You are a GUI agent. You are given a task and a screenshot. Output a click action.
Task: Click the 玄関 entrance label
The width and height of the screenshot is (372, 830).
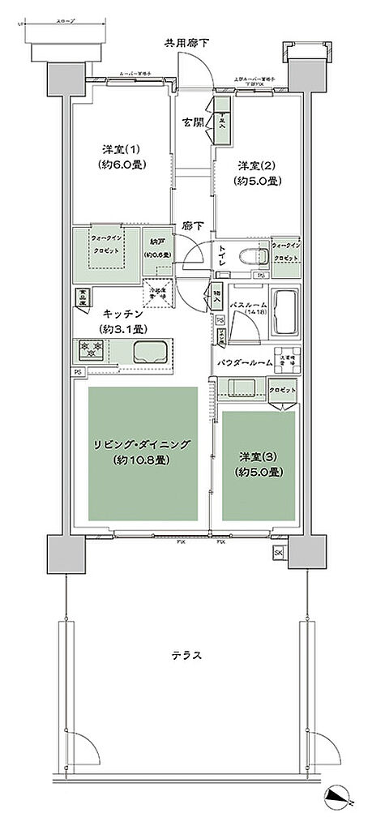point(193,123)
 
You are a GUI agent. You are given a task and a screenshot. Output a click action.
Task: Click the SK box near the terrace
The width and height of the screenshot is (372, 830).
point(279,553)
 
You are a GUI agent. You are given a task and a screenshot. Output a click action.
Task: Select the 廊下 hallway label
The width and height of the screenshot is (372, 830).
point(192,227)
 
